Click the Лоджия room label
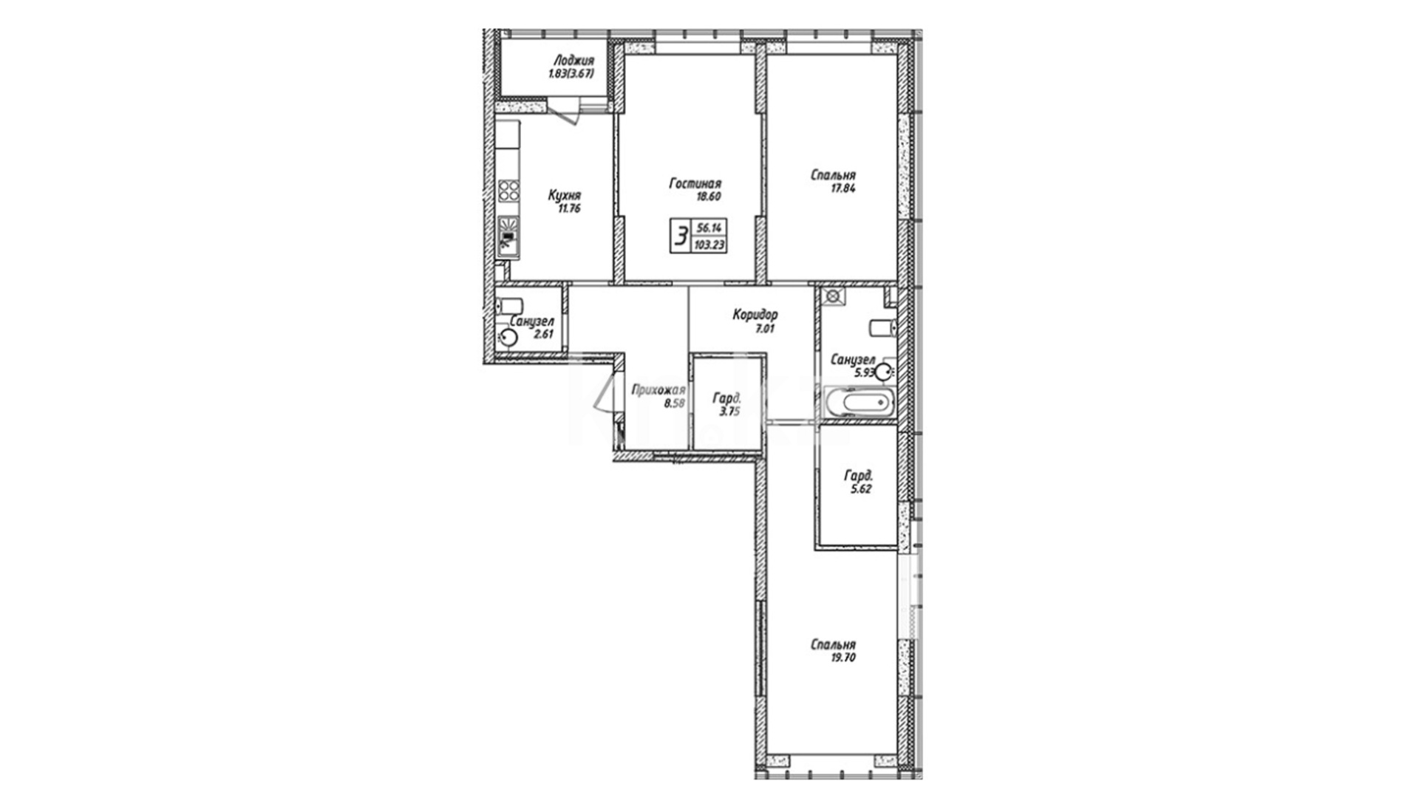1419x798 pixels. click(573, 61)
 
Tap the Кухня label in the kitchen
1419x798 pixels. click(564, 196)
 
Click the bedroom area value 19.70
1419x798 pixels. click(843, 658)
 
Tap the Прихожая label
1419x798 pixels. click(659, 390)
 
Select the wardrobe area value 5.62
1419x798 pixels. click(862, 488)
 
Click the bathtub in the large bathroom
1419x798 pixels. click(859, 403)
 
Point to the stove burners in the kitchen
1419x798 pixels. click(508, 191)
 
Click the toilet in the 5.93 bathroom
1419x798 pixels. click(883, 327)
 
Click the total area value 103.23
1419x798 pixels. click(709, 245)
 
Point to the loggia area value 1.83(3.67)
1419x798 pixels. click(571, 74)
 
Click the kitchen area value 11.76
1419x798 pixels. click(567, 208)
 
